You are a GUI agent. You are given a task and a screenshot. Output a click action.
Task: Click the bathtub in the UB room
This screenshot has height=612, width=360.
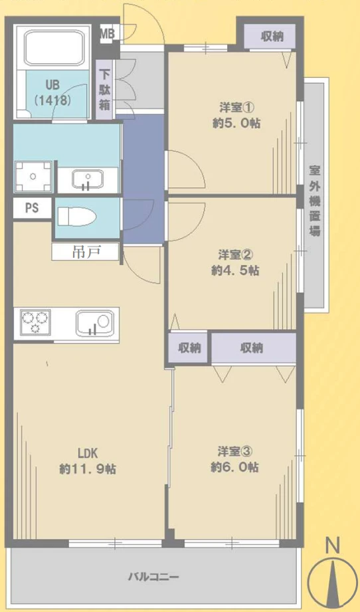click(54, 48)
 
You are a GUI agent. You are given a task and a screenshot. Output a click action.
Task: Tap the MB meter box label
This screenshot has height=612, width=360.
click(108, 34)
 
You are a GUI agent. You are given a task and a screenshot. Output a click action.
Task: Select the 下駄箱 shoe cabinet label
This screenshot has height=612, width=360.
click(104, 90)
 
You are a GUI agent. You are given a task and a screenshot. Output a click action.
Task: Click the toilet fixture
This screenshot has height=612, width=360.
click(77, 216)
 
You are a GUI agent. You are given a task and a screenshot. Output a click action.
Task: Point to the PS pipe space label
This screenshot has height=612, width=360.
click(32, 208)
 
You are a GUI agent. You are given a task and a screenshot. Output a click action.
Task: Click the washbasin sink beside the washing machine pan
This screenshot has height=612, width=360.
click(88, 180)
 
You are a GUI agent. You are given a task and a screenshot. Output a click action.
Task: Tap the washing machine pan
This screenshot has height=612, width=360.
click(33, 177)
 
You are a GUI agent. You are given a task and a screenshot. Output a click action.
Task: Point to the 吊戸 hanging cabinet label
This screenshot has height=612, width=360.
click(86, 253)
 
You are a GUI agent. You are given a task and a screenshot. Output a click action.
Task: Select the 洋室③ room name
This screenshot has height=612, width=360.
click(235, 452)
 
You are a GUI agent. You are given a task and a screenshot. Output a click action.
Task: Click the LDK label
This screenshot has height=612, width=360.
click(88, 453)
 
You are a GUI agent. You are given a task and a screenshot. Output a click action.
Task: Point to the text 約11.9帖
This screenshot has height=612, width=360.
click(88, 468)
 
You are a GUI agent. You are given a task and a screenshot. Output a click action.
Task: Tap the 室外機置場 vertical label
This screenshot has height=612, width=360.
click(315, 201)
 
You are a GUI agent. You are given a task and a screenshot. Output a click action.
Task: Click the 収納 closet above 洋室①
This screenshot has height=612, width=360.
click(272, 37)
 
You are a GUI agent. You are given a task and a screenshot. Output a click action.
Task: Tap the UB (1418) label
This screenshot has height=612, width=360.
click(52, 92)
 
